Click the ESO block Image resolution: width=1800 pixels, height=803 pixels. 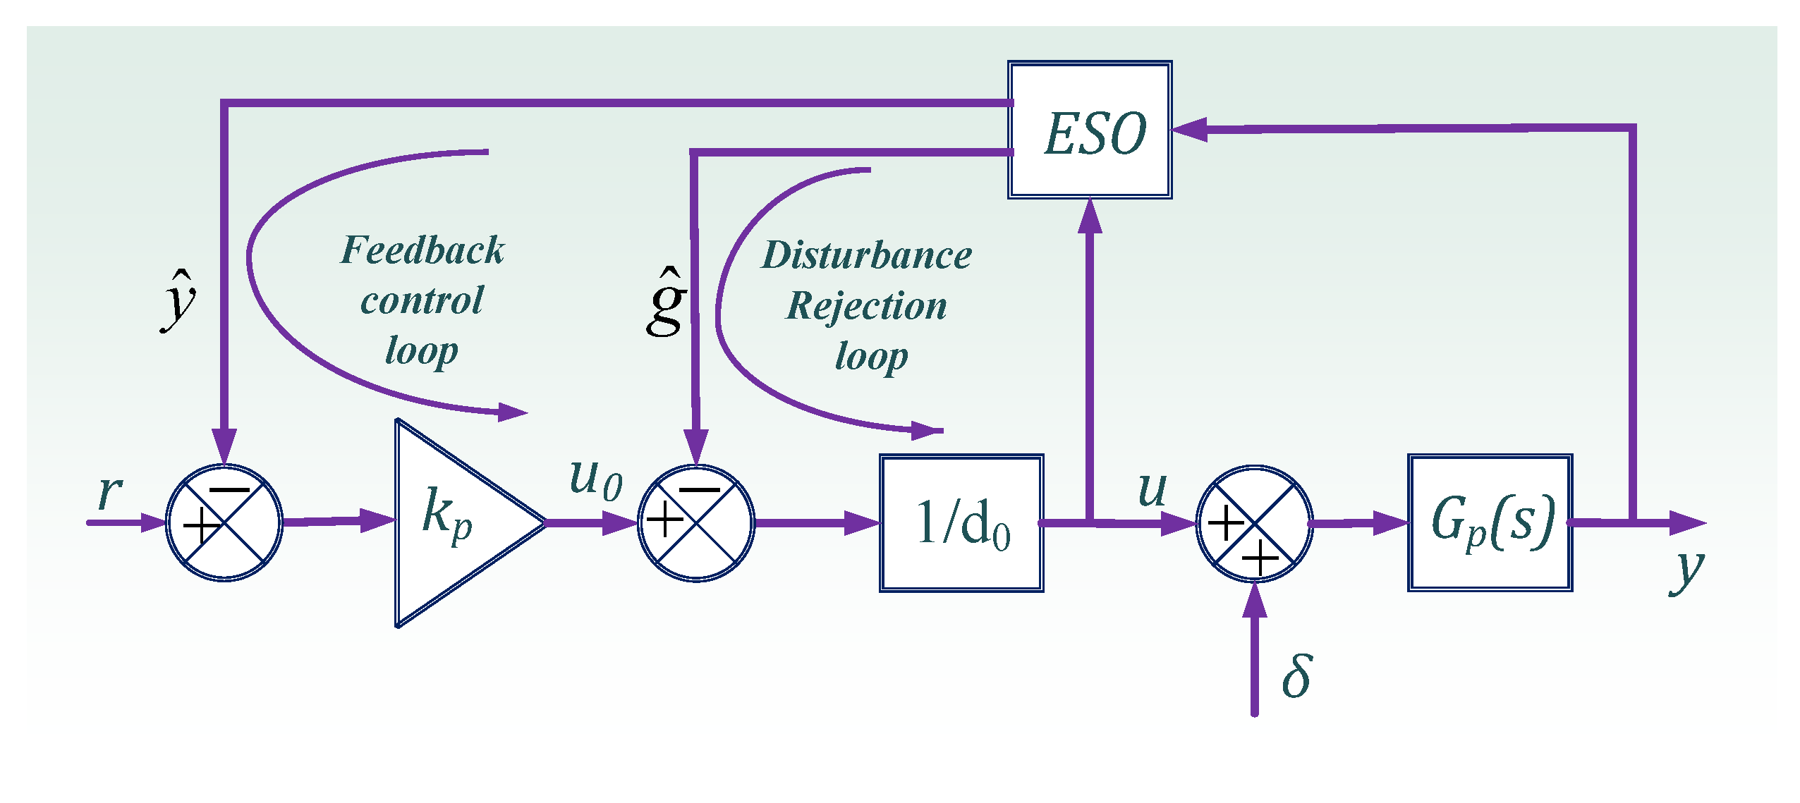(x=1090, y=130)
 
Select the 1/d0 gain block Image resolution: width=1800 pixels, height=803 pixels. (x=961, y=523)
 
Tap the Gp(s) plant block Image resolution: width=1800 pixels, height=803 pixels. (x=1490, y=523)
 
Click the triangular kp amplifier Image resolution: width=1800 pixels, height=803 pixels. (x=451, y=523)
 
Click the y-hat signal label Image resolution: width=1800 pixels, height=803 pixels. (x=179, y=300)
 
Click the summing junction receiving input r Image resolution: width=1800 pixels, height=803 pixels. (x=224, y=523)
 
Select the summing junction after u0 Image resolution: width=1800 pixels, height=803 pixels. (x=696, y=523)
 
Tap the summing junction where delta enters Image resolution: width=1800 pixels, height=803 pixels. (x=1254, y=523)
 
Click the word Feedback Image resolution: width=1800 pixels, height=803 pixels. (x=422, y=250)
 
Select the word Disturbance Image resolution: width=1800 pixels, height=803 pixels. (x=867, y=255)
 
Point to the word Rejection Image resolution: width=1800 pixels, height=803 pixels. (x=867, y=306)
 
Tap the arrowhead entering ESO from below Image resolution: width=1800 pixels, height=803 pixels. (x=1090, y=215)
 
